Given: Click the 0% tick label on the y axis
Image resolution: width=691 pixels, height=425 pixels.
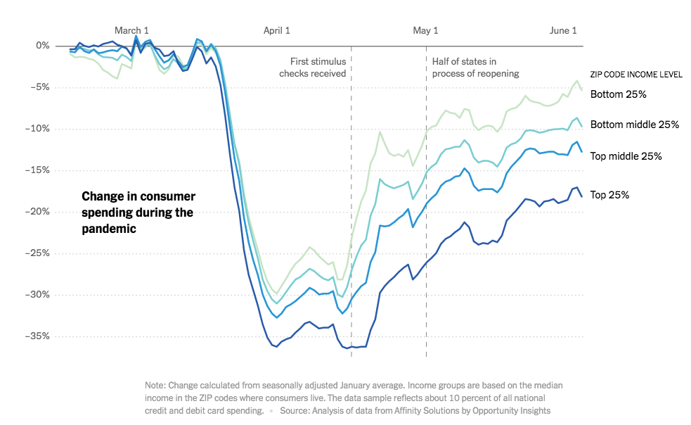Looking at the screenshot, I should click(x=42, y=46).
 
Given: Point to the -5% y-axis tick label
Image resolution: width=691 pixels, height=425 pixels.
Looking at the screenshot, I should click(x=40, y=87).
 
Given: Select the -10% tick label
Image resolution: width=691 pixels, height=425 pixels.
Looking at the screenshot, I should click(x=38, y=129).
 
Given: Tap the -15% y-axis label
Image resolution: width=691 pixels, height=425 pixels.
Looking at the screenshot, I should click(x=38, y=170).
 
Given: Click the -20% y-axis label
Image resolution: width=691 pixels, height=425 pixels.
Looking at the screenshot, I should click(x=38, y=212).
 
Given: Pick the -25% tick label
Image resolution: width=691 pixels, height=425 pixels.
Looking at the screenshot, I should click(x=38, y=253).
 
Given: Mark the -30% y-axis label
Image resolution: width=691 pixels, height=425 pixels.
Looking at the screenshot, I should click(x=38, y=295).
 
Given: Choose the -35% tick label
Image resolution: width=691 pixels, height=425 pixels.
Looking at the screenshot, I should click(x=38, y=336).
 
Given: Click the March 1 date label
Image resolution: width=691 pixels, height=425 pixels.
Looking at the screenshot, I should click(x=131, y=30).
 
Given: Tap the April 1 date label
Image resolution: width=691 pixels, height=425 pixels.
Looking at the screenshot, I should click(x=276, y=30).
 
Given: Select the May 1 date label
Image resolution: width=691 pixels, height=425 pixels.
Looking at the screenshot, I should click(x=425, y=30).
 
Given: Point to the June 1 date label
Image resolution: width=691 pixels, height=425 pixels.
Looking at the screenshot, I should click(x=563, y=30).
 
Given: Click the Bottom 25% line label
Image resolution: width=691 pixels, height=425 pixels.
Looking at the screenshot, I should click(x=618, y=94).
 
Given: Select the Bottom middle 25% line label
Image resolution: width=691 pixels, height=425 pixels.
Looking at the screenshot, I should click(x=634, y=125).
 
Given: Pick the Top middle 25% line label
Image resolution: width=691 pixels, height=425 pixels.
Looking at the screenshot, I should click(x=626, y=156).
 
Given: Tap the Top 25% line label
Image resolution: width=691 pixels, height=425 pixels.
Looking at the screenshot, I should click(x=609, y=195).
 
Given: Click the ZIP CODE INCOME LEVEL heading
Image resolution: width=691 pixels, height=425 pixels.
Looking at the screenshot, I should click(x=636, y=75).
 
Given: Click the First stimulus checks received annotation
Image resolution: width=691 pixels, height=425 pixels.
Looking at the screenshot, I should click(x=313, y=68).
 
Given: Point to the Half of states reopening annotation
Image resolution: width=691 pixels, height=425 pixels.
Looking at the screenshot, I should click(x=475, y=68).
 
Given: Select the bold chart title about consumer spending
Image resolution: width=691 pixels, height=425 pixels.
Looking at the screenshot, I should click(x=138, y=212).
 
